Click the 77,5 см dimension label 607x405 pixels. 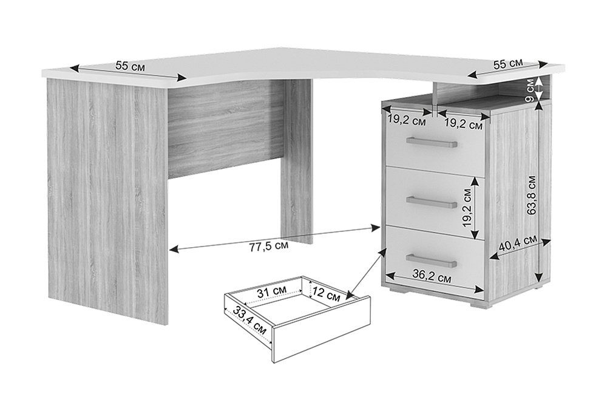269,247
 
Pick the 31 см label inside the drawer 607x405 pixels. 272,291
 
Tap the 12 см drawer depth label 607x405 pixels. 326,294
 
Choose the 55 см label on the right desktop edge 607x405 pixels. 508,64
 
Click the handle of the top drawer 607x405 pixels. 432,143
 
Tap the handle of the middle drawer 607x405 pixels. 432,202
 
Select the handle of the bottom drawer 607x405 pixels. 432,261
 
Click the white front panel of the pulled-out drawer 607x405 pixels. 322,330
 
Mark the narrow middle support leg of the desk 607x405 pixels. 296,163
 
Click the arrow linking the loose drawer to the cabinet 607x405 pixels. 367,274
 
